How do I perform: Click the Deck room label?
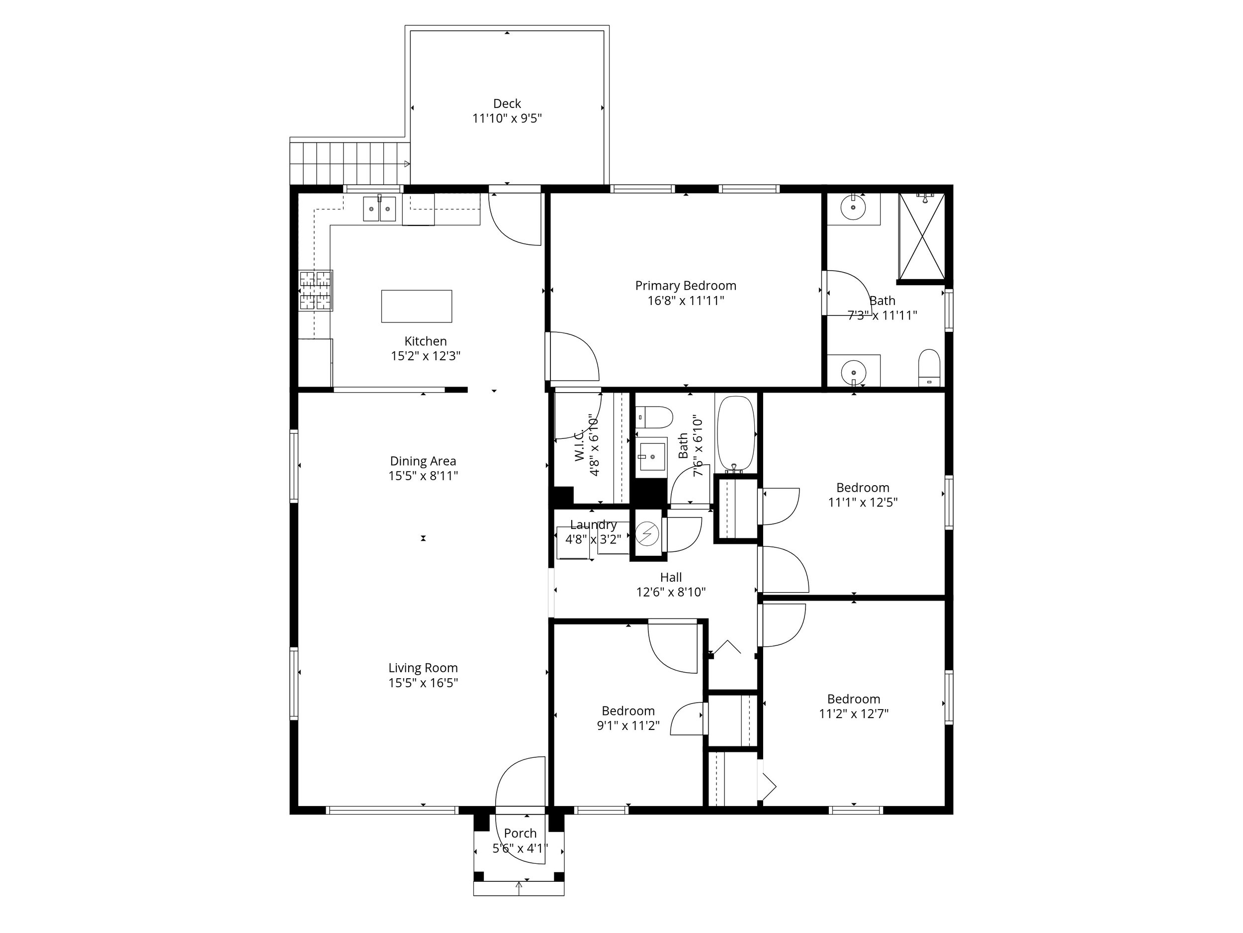[507, 104]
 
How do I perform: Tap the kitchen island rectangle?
[416, 306]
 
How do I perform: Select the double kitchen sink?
[379, 208]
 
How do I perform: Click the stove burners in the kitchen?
[315, 290]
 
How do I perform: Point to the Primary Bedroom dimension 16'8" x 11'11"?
[686, 301]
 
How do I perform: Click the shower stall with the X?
[922, 236]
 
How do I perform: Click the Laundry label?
[593, 524]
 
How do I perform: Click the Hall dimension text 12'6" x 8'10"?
[671, 592]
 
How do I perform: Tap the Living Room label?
[423, 668]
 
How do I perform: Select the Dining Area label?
[423, 461]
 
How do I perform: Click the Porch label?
[520, 833]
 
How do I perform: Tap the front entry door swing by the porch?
[520, 785]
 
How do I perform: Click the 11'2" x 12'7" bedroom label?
[854, 699]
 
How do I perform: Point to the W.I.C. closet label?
[579, 448]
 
